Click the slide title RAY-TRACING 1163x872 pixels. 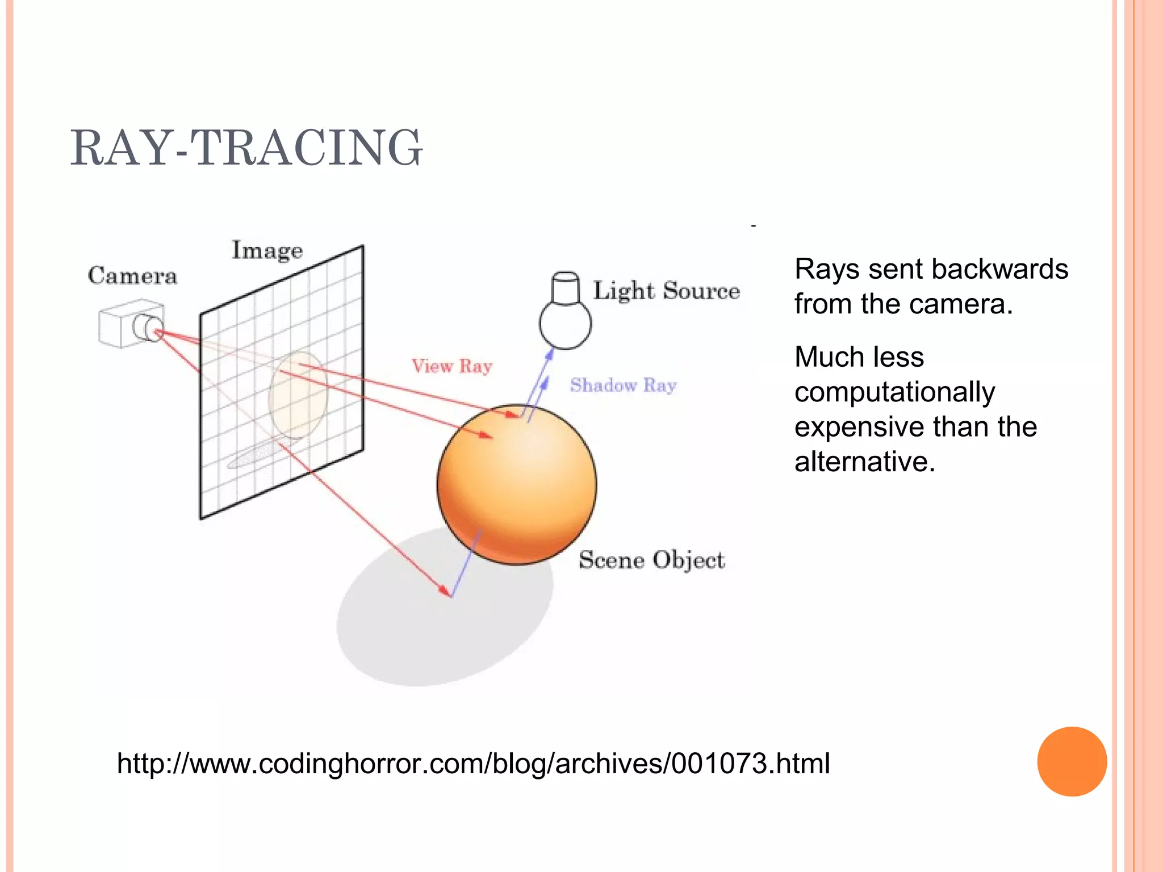coord(246,148)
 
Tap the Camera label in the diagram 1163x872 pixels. coord(132,276)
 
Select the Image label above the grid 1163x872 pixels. coord(267,251)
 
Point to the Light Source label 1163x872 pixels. coord(666,291)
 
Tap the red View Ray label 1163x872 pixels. coord(451,366)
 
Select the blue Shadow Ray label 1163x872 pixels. coord(623,385)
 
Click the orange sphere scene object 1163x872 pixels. coord(517,488)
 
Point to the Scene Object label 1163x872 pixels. coord(651,560)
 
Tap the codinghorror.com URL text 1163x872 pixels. coord(473,764)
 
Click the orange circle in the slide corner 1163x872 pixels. coord(1072,761)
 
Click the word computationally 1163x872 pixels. coord(894,392)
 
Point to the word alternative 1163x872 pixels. coord(864,462)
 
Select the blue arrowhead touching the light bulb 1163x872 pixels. coord(549,354)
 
